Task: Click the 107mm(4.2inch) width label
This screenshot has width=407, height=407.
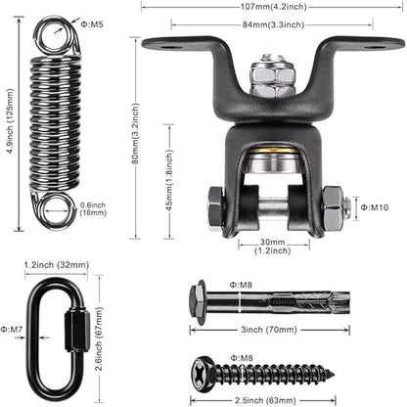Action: click(x=274, y=7)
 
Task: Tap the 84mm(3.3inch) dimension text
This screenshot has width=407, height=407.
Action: click(x=273, y=24)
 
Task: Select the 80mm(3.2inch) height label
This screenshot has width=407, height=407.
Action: click(x=135, y=133)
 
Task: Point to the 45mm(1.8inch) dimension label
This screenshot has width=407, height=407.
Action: click(x=169, y=180)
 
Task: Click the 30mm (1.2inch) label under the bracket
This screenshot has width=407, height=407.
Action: click(x=273, y=247)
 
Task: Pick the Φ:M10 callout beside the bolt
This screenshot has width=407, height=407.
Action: click(x=375, y=207)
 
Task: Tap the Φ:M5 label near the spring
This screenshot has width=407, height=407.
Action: click(x=92, y=24)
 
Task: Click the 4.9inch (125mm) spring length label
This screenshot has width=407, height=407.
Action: click(x=11, y=121)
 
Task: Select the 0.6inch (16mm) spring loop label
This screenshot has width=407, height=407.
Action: click(x=93, y=208)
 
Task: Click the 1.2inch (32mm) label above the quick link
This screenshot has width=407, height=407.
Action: click(x=57, y=265)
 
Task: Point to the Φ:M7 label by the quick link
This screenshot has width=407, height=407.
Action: click(x=12, y=330)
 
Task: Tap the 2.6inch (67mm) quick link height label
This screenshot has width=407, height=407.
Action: click(x=99, y=339)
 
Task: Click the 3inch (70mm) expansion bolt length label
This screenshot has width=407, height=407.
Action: click(x=269, y=330)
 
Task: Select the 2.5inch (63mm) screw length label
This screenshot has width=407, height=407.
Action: click(x=265, y=400)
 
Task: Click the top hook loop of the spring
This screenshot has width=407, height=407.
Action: click(x=56, y=36)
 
